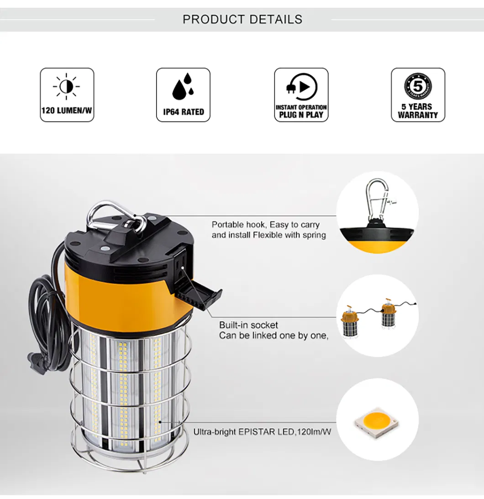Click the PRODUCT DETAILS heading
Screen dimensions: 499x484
pos(242,19)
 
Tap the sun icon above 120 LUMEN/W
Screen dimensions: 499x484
pos(67,86)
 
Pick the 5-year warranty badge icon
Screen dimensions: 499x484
pos(418,86)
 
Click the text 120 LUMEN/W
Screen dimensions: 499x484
pos(67,111)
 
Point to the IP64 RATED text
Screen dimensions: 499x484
pos(184,112)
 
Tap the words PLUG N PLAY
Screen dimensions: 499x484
pos(301,115)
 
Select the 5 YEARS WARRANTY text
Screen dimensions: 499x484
pos(418,111)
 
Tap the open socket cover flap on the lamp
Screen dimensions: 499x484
pos(201,296)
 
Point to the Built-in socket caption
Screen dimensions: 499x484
pos(248,325)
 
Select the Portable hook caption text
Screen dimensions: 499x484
pos(265,225)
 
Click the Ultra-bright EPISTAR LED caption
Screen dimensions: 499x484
pos(262,431)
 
